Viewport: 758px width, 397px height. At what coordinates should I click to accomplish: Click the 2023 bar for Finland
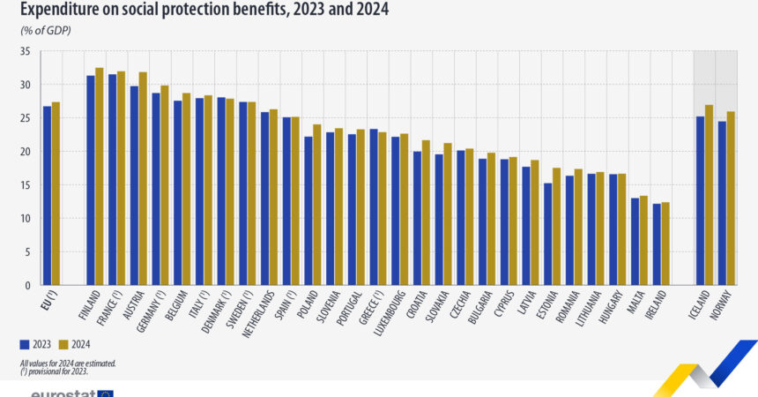click(90, 181)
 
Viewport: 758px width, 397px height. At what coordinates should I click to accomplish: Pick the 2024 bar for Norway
click(731, 198)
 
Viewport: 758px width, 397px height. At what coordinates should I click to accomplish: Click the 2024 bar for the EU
click(56, 194)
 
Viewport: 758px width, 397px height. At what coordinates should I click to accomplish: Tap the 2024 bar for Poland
click(316, 205)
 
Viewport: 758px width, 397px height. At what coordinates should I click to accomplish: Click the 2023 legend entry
click(34, 344)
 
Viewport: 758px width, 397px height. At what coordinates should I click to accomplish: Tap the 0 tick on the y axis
click(27, 286)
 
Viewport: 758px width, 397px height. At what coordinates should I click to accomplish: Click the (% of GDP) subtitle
click(46, 31)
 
